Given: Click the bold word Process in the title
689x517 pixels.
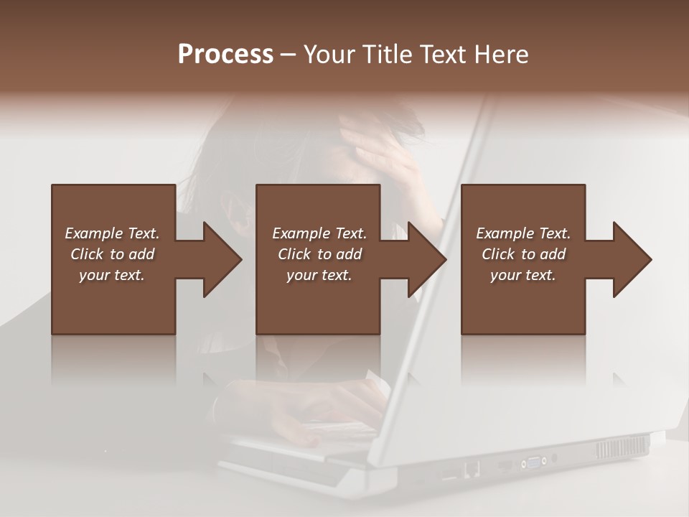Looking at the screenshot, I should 225,55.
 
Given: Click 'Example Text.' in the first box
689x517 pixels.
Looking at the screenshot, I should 112,233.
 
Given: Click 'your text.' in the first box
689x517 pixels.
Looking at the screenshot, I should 112,275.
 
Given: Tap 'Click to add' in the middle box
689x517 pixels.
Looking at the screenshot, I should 319,254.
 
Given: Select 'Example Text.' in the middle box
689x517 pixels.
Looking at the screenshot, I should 319,233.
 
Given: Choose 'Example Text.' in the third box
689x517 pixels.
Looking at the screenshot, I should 523,233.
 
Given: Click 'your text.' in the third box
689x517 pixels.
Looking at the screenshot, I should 523,275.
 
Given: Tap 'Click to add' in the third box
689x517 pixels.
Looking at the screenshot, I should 523,254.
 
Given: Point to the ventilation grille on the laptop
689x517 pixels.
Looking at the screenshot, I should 622,448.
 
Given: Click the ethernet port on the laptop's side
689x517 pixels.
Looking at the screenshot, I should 472,469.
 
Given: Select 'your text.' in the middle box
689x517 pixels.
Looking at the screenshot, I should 319,275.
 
